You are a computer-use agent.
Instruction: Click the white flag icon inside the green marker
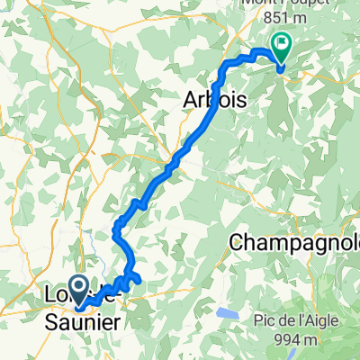pyautogui.click(x=282, y=40)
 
